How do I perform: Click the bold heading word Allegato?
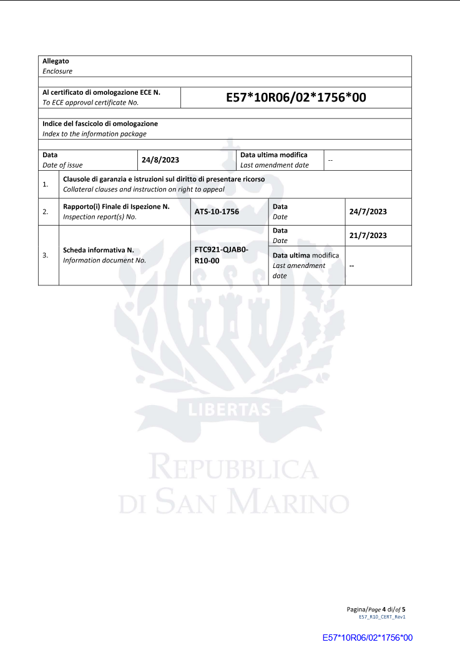pyautogui.click(x=56, y=61)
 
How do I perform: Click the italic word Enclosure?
pyautogui.click(x=57, y=71)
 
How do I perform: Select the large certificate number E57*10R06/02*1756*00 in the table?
pyautogui.click(x=296, y=97)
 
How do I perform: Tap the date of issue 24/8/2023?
pyautogui.click(x=160, y=160)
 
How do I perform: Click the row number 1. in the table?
pyautogui.click(x=46, y=184)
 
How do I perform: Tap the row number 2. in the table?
pyautogui.click(x=46, y=212)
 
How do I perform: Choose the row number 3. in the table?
pyautogui.click(x=46, y=256)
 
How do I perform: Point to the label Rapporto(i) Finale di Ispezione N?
pyautogui.click(x=117, y=206)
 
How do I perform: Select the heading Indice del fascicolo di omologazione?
pyautogui.click(x=100, y=123)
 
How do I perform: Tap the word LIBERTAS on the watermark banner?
pyautogui.click(x=230, y=410)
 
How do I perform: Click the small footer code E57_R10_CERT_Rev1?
pyautogui.click(x=382, y=616)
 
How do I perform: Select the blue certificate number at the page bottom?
pyautogui.click(x=368, y=638)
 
